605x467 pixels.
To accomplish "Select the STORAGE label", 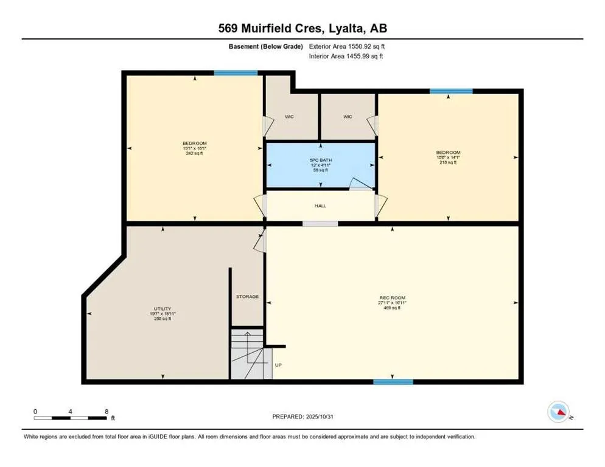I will (247, 297).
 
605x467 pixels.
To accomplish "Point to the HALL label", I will (320, 206).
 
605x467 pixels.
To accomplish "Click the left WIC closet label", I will (289, 116).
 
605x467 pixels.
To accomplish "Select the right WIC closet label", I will (348, 116).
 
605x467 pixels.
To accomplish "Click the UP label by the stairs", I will (279, 365).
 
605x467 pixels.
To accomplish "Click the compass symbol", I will (558, 412).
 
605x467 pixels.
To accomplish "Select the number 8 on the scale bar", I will (107, 411).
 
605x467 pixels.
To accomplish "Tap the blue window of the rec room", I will (393, 382).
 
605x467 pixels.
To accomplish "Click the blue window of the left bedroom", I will (235, 73).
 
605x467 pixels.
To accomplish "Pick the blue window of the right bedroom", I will (450, 91).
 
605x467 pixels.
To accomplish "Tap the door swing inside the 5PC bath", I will (361, 184).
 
